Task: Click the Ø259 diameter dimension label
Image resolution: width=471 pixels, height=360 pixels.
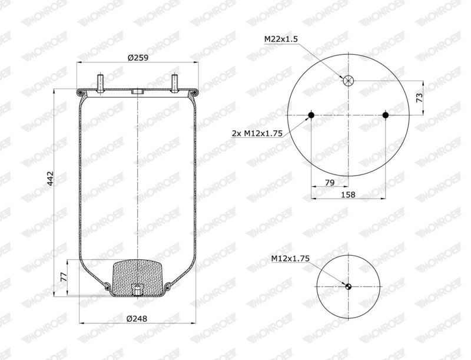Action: click(x=138, y=57)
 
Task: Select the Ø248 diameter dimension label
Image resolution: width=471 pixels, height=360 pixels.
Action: click(x=137, y=318)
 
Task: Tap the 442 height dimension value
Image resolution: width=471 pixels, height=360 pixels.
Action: click(x=50, y=179)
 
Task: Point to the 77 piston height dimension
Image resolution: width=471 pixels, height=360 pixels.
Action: click(x=64, y=277)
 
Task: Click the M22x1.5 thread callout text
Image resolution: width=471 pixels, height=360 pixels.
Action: click(x=281, y=39)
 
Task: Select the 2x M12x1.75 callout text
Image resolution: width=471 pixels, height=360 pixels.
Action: click(x=257, y=133)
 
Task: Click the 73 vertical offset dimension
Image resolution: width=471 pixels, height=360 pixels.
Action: click(x=419, y=98)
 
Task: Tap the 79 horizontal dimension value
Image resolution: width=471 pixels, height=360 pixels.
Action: click(x=330, y=183)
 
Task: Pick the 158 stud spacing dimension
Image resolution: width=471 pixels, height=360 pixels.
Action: click(x=348, y=194)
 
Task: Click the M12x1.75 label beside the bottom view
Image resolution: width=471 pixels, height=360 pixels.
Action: click(x=290, y=258)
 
